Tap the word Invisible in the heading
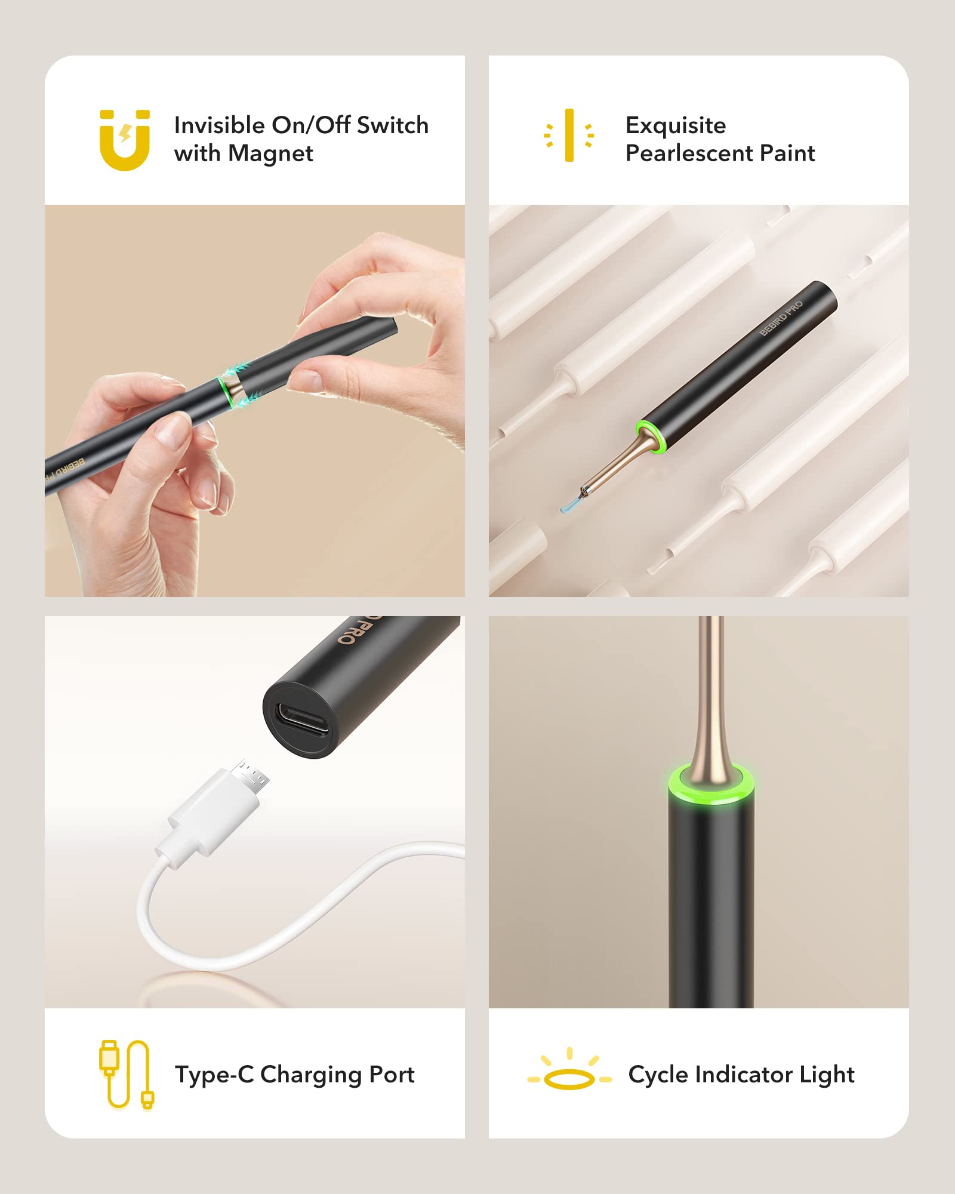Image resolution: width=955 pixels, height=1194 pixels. (219, 125)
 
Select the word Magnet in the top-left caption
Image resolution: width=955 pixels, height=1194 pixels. (270, 154)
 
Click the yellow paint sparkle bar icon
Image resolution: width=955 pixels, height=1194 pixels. (569, 135)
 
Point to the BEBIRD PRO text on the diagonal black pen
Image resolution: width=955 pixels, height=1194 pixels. (781, 319)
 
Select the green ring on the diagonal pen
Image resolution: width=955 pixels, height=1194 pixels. (650, 437)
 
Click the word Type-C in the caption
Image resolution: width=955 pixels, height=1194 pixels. (214, 1075)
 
